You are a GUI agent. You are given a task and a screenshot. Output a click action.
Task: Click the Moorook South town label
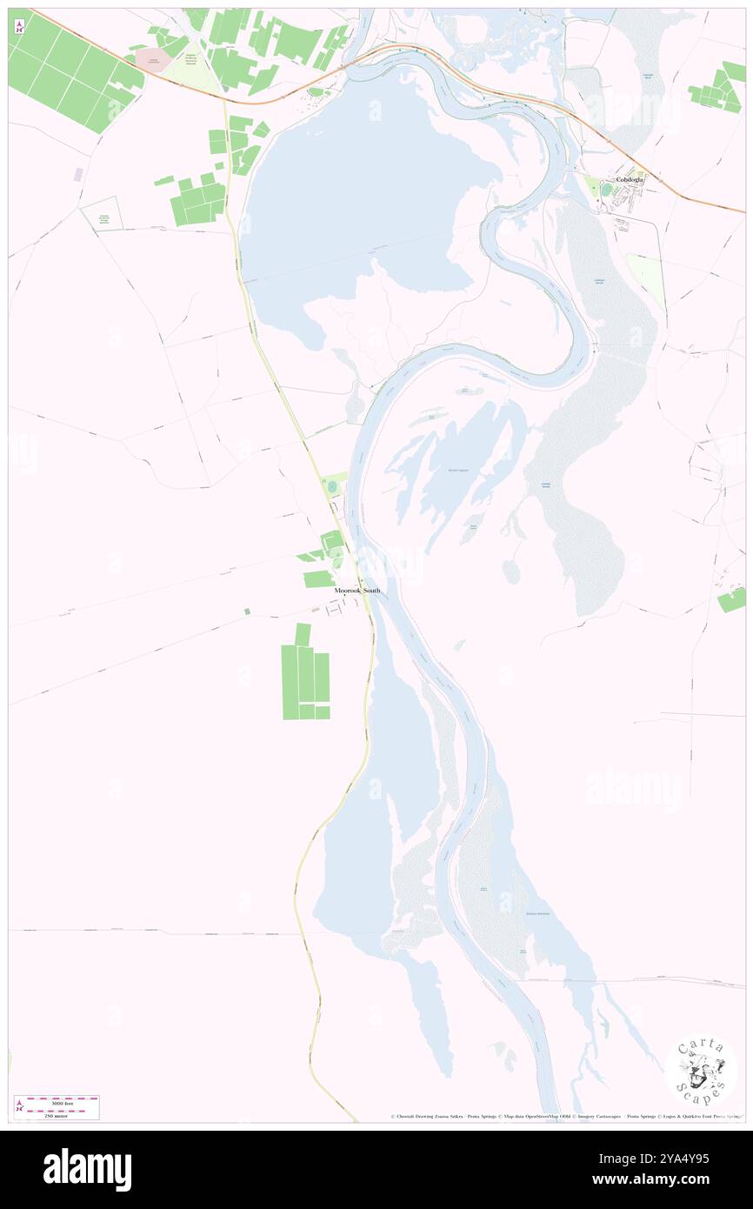tap(357, 591)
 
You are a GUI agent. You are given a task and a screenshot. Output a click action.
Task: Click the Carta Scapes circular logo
tap(701, 1072)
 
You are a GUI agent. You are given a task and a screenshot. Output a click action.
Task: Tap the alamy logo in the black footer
tap(87, 1169)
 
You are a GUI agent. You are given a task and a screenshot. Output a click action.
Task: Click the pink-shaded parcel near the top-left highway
tap(154, 60)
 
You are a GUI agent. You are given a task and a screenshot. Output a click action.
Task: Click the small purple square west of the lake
tap(78, 175)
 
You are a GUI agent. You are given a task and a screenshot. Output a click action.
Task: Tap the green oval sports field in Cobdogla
tap(605, 189)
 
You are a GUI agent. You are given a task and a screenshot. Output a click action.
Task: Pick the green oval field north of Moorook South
tap(331, 485)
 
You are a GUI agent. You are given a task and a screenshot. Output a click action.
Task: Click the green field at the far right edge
tap(733, 599)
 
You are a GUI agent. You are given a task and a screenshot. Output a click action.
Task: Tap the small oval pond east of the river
tap(511, 571)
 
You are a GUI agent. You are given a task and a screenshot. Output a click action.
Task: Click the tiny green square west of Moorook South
tap(247, 611)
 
